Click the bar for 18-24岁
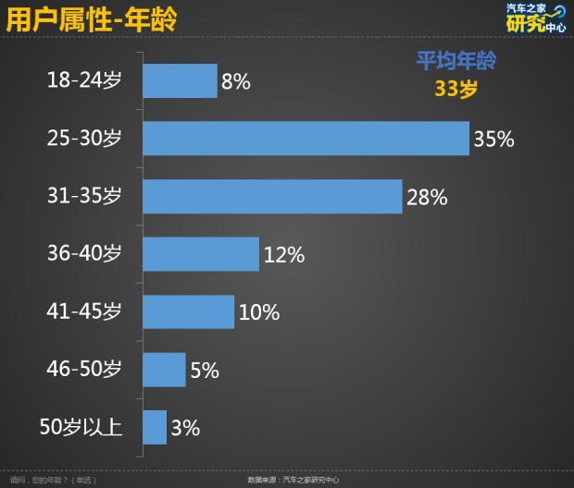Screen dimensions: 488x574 coord(180,81)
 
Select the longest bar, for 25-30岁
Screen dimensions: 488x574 coord(306,139)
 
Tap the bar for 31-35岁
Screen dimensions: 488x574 coord(272,196)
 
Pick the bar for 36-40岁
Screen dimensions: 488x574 coord(200,254)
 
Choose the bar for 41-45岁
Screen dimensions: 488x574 coord(188,312)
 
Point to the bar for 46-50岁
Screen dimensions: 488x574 coord(164,370)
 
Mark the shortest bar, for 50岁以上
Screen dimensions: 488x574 coord(155,427)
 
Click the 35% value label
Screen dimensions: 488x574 coord(493,140)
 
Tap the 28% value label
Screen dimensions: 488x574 coord(426,197)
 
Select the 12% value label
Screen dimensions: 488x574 coord(283,255)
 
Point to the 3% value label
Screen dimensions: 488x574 coord(185,428)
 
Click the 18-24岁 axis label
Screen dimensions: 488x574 coord(84,81)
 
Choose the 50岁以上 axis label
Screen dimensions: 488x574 coord(81,428)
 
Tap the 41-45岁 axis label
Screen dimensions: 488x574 coord(84,312)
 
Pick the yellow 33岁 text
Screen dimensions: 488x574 coord(455,89)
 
